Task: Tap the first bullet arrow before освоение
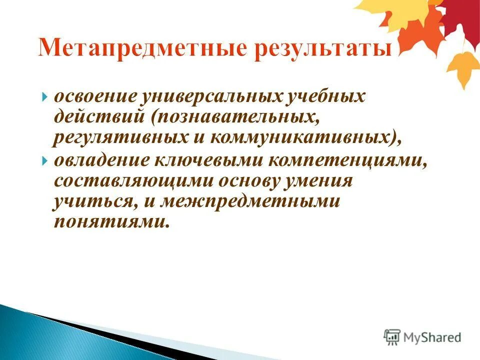[45, 96]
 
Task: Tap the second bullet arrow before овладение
[45, 161]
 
